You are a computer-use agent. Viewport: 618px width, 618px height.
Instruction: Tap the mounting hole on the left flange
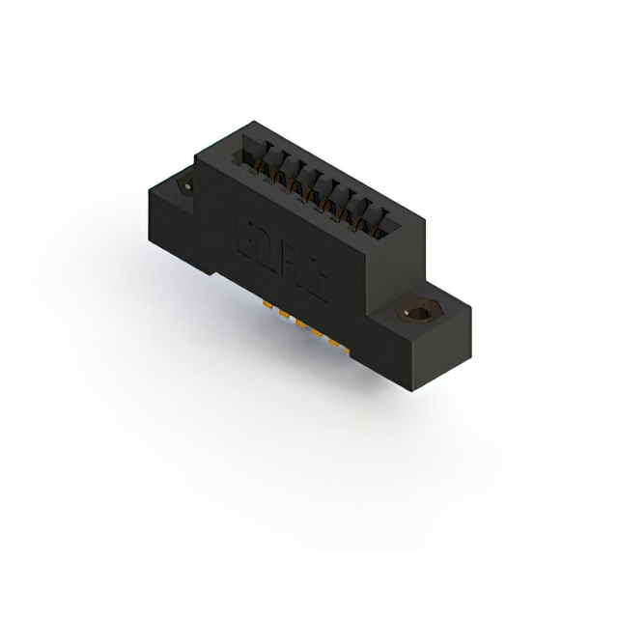[x=186, y=184]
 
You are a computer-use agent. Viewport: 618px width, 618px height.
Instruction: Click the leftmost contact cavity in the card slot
[x=253, y=156]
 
